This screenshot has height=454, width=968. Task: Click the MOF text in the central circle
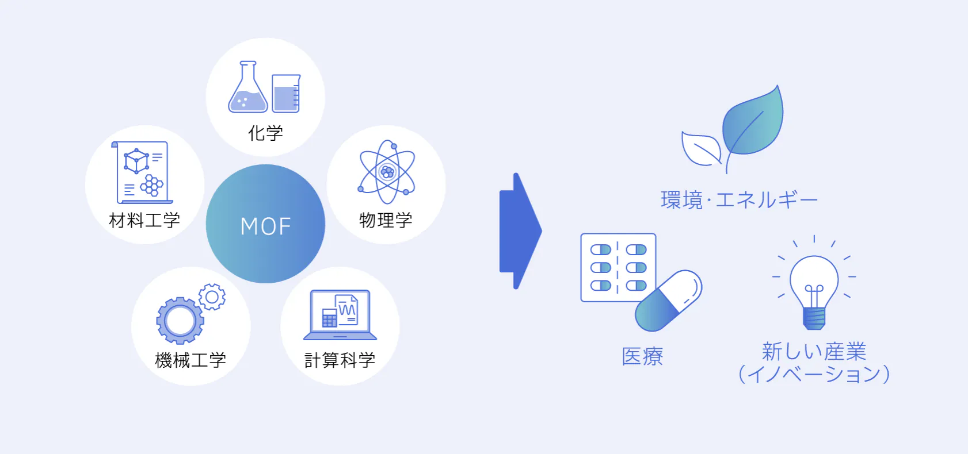[x=265, y=226]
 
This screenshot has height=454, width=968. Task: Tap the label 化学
[x=265, y=133]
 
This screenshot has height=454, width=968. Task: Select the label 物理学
[x=386, y=220]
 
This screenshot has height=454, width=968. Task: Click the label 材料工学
[x=144, y=220]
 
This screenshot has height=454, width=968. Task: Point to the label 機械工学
[x=190, y=360]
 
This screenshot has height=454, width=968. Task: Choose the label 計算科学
[x=340, y=360]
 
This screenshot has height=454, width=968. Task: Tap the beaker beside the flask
[x=286, y=93]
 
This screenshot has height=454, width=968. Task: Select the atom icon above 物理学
[x=387, y=172]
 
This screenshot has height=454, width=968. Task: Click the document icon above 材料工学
[x=143, y=172]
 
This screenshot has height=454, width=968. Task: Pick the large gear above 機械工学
[x=180, y=321]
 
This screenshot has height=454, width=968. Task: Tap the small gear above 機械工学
[x=212, y=297]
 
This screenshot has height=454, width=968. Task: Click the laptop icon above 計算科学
[x=340, y=315]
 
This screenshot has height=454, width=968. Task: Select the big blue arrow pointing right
[x=519, y=231]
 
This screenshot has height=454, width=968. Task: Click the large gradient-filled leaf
[x=754, y=124]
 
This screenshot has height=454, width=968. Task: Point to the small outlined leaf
[x=699, y=149]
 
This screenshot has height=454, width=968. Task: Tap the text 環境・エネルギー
[x=739, y=200]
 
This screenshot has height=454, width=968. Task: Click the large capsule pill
[x=668, y=301]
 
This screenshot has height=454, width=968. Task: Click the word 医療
[x=642, y=356]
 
